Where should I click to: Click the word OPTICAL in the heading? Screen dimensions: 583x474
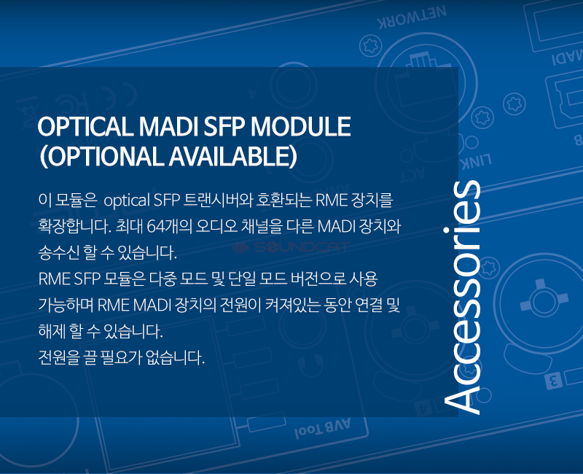(x=85, y=126)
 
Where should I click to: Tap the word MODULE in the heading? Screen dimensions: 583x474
(x=300, y=126)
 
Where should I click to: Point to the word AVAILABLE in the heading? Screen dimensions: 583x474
(x=230, y=156)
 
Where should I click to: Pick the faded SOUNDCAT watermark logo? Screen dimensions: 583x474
(x=291, y=247)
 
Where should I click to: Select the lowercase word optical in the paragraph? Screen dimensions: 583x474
(x=126, y=201)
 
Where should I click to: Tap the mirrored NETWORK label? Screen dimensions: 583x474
(x=412, y=18)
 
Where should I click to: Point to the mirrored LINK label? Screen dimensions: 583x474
(x=477, y=161)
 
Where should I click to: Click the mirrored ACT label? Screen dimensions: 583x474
(x=412, y=175)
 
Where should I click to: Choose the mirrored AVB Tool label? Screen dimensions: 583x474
(x=322, y=429)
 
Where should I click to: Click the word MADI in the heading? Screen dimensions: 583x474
(x=168, y=126)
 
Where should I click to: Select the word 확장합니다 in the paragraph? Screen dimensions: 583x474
(x=74, y=226)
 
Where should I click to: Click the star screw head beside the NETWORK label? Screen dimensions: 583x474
(x=371, y=46)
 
